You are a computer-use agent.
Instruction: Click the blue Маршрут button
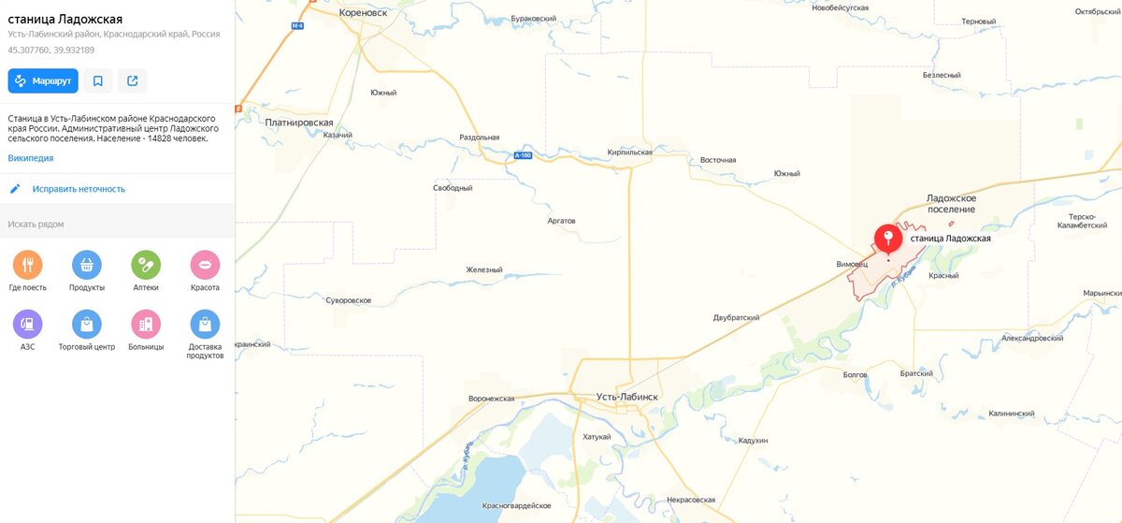43,80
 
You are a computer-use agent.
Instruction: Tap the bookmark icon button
97,80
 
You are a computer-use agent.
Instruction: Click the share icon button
132,80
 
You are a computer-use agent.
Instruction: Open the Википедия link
31,158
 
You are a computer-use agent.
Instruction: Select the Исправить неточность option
79,189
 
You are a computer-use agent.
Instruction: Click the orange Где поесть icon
28,265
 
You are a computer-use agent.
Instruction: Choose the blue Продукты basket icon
87,265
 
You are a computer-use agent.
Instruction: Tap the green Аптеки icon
146,265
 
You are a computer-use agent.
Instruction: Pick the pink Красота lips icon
205,265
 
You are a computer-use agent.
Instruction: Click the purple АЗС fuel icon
28,324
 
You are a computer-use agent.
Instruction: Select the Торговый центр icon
87,324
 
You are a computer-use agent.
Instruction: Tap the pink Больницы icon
146,324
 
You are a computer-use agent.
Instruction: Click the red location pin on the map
887,240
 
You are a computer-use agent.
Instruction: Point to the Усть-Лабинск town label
627,398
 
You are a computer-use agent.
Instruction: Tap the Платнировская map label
299,123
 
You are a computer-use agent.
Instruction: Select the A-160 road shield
523,155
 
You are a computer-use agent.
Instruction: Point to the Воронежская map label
492,399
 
